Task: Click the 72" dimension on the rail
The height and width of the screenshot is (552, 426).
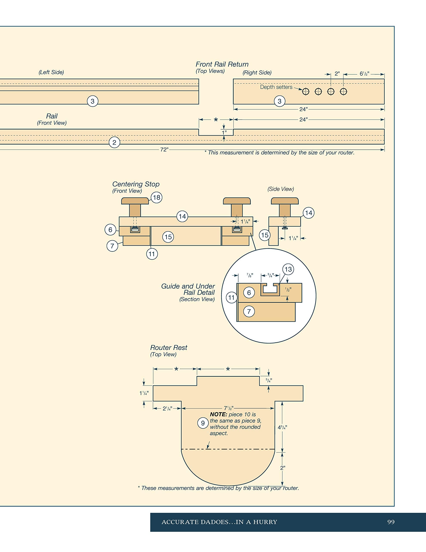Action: tap(164, 150)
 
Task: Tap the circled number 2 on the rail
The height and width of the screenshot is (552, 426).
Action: tap(114, 143)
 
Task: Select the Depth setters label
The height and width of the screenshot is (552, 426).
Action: tap(276, 87)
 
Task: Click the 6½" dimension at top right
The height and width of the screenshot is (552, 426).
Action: tap(364, 74)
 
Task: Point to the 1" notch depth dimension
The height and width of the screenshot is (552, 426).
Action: tap(224, 132)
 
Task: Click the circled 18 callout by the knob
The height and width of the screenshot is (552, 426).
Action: tap(157, 197)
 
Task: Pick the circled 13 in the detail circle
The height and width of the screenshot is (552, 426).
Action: tap(288, 269)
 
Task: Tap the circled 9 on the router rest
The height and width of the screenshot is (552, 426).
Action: tap(203, 423)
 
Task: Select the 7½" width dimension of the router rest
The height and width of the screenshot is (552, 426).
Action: tap(229, 408)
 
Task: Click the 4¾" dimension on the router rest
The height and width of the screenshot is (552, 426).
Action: tap(282, 427)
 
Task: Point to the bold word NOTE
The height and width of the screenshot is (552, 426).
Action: tap(218, 414)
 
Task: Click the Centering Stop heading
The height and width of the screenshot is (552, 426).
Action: tap(136, 184)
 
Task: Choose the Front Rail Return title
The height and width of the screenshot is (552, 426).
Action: tap(222, 64)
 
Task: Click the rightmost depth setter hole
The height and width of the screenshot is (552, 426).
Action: tap(344, 91)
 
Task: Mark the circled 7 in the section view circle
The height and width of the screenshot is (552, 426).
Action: tap(249, 311)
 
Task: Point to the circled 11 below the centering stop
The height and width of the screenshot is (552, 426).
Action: tap(152, 254)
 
